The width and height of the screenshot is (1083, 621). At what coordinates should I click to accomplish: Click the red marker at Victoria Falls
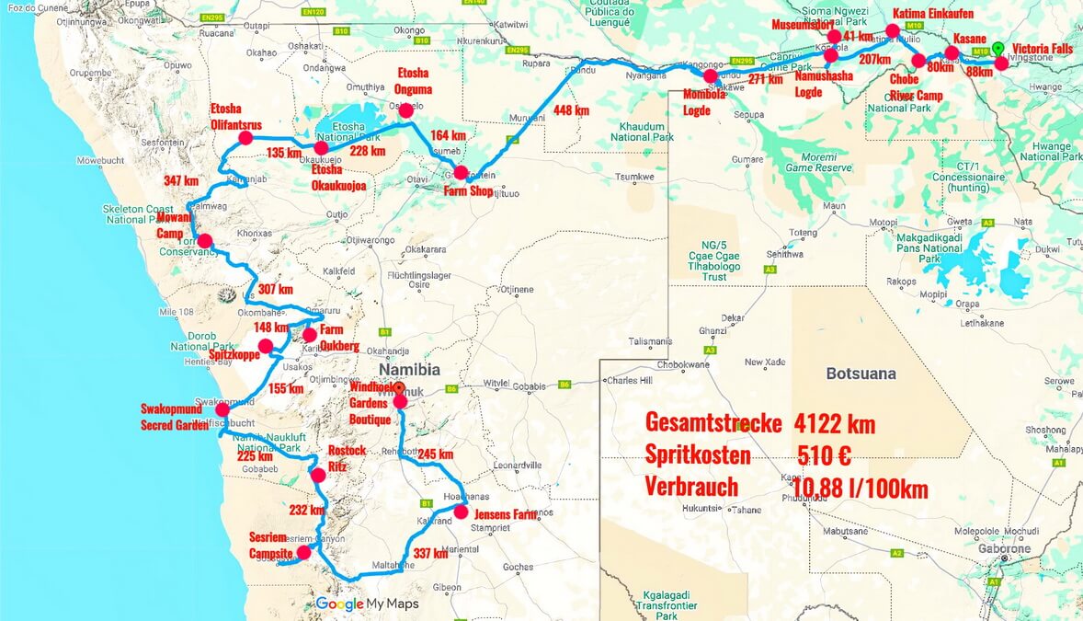(x=1001, y=64)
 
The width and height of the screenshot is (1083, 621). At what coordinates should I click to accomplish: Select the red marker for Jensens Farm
(x=461, y=513)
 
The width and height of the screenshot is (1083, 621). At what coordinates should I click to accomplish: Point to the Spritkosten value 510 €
(x=824, y=455)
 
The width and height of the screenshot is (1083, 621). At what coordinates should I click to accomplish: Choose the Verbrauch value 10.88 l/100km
(x=862, y=488)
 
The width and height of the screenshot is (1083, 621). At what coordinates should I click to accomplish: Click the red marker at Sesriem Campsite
(x=304, y=553)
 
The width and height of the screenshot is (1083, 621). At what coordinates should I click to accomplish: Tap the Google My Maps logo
(x=367, y=604)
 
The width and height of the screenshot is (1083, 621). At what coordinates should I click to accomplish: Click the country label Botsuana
(x=861, y=374)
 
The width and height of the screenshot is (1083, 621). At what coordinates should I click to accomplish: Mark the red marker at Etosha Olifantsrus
(x=245, y=139)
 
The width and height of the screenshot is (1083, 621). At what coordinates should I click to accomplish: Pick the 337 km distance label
(x=430, y=554)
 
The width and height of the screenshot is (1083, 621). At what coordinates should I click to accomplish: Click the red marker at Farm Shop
(x=461, y=172)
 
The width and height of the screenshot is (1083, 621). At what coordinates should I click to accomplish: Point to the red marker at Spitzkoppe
(x=266, y=347)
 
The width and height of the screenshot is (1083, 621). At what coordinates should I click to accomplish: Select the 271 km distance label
(x=765, y=80)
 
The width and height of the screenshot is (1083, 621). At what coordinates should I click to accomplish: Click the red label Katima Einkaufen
(x=933, y=14)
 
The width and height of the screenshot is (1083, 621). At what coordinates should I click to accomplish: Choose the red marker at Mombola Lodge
(x=710, y=75)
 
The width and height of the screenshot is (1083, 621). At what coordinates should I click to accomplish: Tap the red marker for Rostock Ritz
(x=318, y=476)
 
